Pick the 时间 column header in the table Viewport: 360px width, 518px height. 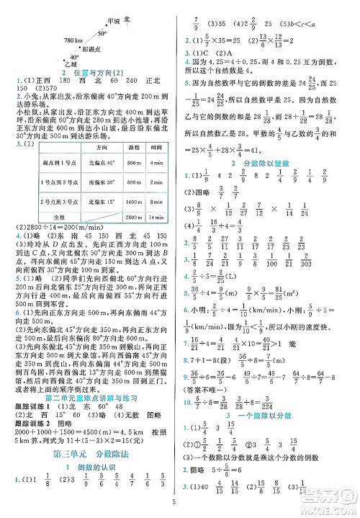[161, 147]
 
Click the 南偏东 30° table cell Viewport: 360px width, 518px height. [93, 182]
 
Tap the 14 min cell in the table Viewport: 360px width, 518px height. [161, 215]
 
